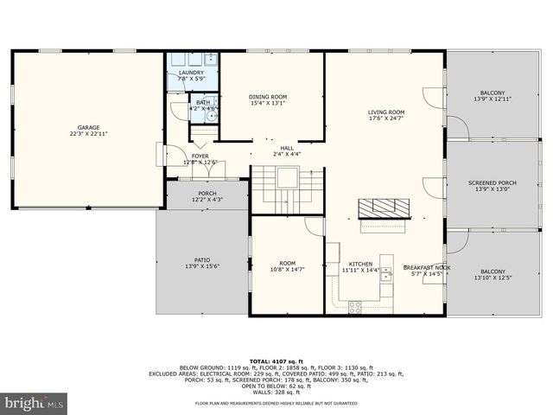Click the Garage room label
pos(88,127)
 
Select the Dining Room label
pos(268,97)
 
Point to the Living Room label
pos(386,112)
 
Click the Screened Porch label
pos(492,183)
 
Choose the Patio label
pos(201,260)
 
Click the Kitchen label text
pos(360,264)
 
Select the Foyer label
pos(200,156)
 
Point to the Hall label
pos(287,148)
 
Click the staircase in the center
pos(286,188)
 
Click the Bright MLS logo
pos(35,403)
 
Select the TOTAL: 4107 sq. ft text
pos(276,361)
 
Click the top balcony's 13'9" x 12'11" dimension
pos(492,100)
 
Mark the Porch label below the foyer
pos(207,193)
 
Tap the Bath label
pos(202,102)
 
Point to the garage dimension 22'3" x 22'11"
pos(88,134)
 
